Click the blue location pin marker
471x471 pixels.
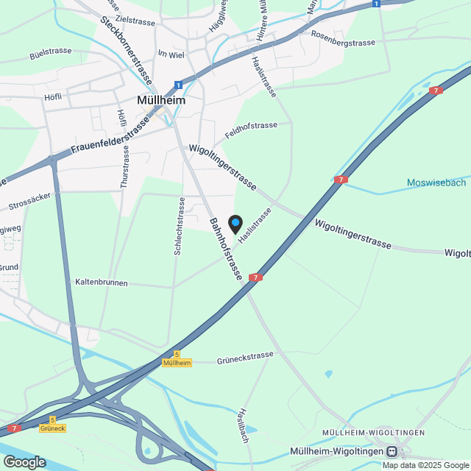pyautogui.click(x=235, y=224)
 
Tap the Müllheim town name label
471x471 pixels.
pyautogui.click(x=161, y=99)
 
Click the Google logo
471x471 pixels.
pyautogui.click(x=24, y=461)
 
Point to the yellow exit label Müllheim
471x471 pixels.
pyautogui.click(x=177, y=363)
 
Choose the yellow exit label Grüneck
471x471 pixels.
pyautogui.click(x=53, y=428)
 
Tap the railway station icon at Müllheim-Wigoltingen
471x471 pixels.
pyautogui.click(x=393, y=451)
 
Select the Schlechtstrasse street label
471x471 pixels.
pyautogui.click(x=179, y=226)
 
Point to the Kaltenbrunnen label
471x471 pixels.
pyautogui.click(x=102, y=283)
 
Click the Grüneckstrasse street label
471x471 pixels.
pyautogui.click(x=245, y=358)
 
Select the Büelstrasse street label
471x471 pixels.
pyautogui.click(x=50, y=54)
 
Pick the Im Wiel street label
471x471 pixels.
pyautogui.click(x=171, y=54)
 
